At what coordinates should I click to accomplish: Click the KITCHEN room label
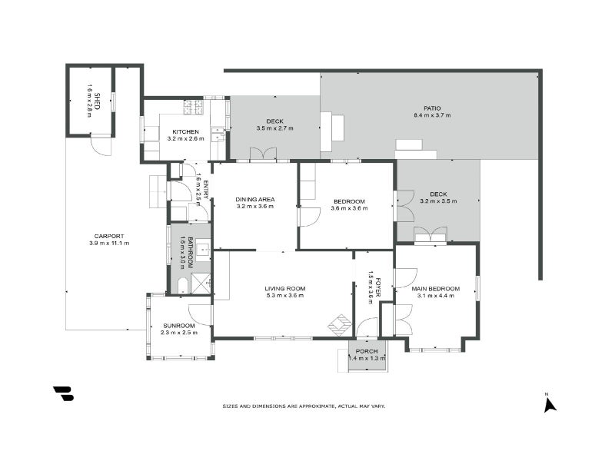[185, 131]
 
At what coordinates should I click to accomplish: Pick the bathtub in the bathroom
[181, 286]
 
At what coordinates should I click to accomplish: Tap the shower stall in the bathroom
[201, 284]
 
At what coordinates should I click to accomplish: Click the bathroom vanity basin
[202, 248]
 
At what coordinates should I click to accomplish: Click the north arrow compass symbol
[549, 403]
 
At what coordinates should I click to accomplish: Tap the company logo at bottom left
[64, 393]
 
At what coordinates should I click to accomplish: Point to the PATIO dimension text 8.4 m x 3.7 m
[431, 115]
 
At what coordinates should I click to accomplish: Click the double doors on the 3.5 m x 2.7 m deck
[262, 154]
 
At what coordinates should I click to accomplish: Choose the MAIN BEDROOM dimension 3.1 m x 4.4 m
[435, 296]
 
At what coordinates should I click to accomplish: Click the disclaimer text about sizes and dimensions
[304, 406]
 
